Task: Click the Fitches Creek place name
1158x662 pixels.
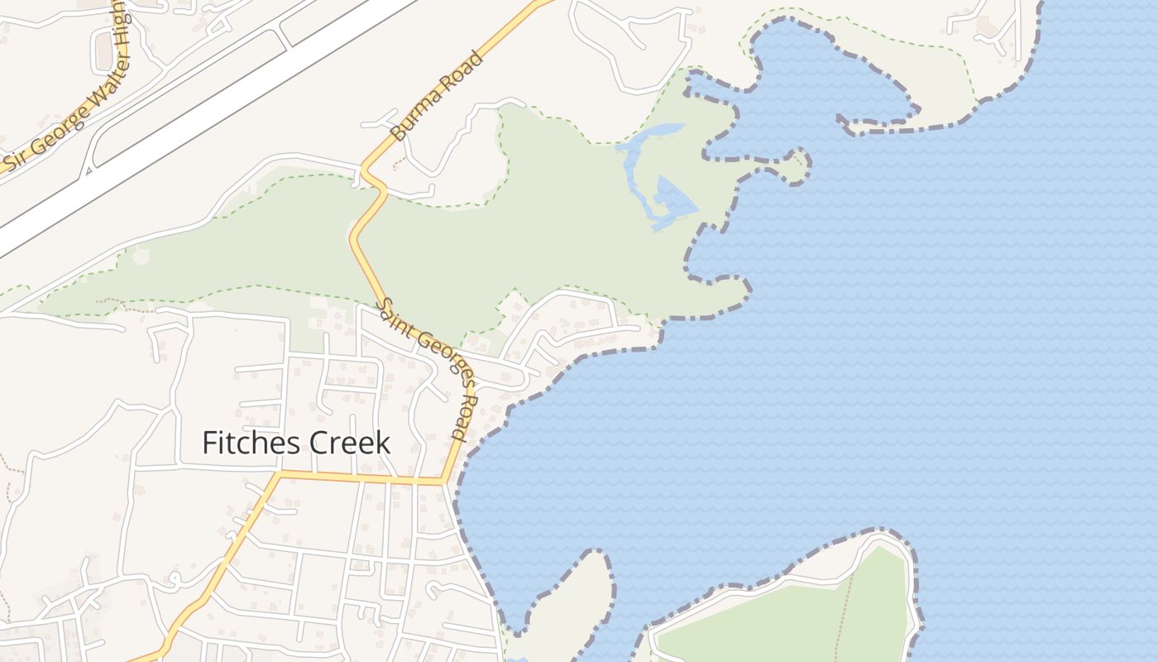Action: coord(296,443)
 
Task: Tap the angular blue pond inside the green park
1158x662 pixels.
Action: coord(672,199)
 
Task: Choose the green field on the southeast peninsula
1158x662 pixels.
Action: coord(786,621)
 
